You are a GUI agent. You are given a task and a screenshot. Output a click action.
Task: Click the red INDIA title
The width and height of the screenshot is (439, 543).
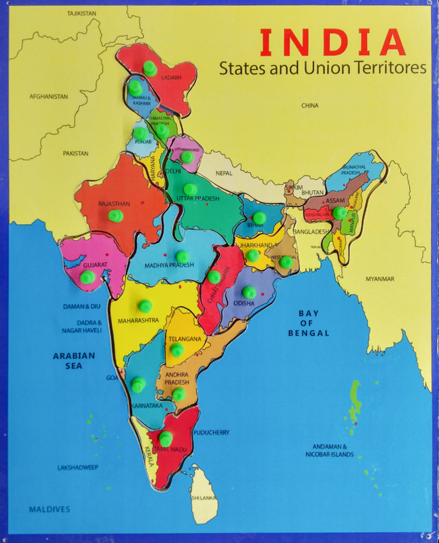coord(332,42)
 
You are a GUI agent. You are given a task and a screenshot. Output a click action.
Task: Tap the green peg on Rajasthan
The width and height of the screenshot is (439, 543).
coord(115,216)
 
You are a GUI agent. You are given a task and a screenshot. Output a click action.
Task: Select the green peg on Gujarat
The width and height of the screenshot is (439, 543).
coord(87,277)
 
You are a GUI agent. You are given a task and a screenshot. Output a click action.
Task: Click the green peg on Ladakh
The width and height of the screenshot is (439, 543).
coord(150,68)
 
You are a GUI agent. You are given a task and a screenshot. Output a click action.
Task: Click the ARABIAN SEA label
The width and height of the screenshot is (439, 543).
coord(75,360)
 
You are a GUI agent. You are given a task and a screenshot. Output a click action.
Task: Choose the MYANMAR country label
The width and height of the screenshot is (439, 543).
coord(379,279)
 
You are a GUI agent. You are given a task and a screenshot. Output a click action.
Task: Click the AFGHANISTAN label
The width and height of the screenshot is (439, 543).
coord(49,97)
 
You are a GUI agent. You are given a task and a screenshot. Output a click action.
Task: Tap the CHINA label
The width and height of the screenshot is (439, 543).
coord(309,106)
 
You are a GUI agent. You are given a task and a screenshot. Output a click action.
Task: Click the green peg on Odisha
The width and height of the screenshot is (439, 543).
coord(249,292)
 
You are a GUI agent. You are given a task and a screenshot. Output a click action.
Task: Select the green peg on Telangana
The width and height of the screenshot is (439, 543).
coord(176,350)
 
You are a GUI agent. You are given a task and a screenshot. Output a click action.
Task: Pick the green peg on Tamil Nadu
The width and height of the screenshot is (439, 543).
coord(166,438)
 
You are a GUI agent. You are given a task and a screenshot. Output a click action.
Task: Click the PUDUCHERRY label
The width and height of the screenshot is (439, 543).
coord(211,432)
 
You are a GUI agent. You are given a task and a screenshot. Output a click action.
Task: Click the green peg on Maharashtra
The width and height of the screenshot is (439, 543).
coord(145,305)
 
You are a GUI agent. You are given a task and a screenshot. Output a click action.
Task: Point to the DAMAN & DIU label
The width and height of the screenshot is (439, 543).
coord(81,307)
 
